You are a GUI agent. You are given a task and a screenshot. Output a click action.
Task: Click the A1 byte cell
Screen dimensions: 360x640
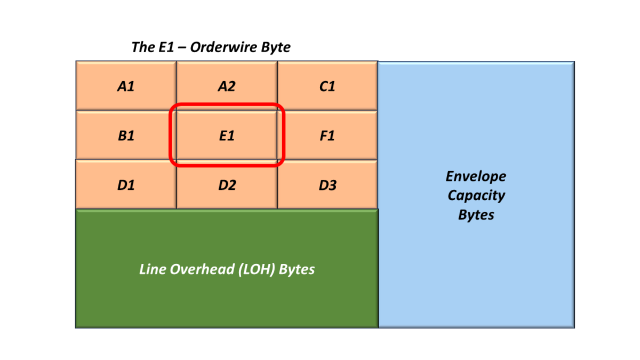click(126, 86)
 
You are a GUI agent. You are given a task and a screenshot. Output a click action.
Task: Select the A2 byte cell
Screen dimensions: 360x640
click(227, 86)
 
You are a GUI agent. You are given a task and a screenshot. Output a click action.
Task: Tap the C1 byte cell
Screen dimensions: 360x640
click(327, 86)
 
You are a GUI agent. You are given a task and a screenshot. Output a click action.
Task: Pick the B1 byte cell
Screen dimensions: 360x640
click(126, 136)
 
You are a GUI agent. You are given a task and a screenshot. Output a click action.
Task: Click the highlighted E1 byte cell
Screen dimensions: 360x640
click(227, 136)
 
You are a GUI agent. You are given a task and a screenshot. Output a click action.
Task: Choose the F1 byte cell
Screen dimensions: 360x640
click(327, 136)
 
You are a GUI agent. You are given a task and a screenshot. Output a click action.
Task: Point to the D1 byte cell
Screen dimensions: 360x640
click(126, 186)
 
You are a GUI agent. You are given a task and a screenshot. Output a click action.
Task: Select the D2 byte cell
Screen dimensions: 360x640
click(227, 186)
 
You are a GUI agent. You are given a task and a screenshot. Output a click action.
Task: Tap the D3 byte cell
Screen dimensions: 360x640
click(327, 186)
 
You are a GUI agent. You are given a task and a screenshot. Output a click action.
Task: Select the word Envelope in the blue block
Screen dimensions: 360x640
click(476, 177)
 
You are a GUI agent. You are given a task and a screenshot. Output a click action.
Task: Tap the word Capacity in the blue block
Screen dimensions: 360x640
click(476, 195)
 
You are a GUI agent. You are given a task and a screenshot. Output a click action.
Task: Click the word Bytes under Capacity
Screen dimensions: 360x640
click(476, 215)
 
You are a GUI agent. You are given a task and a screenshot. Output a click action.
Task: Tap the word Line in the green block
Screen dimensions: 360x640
click(152, 269)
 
